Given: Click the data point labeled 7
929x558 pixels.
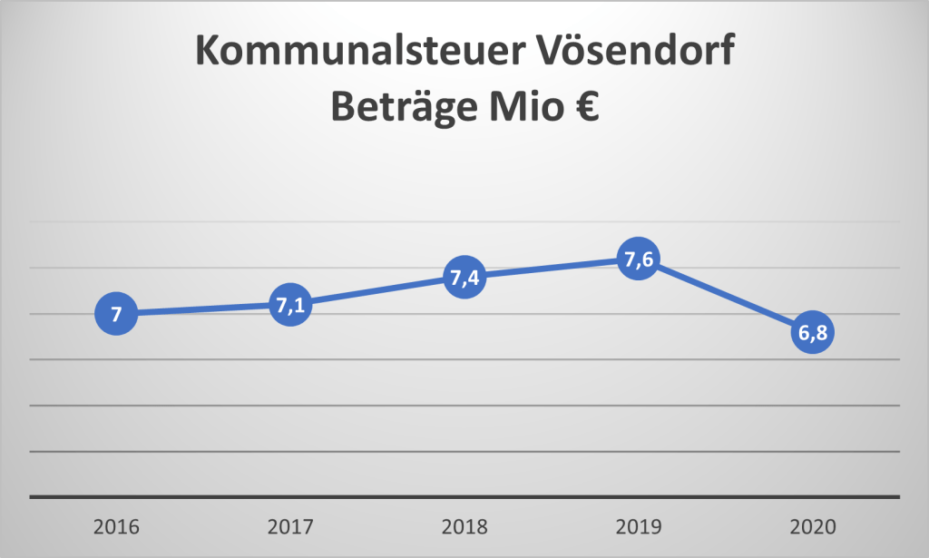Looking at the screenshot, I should pos(116,315).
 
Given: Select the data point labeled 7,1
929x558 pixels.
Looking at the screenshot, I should pos(289,306).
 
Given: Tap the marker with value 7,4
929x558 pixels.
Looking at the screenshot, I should pos(464,278).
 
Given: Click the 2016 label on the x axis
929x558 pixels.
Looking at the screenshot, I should pos(116,527).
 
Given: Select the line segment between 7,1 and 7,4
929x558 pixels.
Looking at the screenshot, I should pos(376,291).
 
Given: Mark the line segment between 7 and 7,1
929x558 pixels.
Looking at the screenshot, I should pos(203,310).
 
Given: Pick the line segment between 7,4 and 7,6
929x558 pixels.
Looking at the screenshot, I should pos(551,269).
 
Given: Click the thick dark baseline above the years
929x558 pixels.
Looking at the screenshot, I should pos(464,496).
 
